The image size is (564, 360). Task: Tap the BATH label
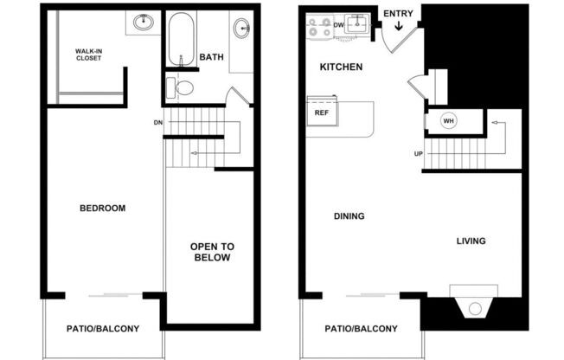211,58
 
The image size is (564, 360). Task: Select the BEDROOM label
103,209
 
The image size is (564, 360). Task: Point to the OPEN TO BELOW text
211,252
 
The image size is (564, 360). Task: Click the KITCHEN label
341,67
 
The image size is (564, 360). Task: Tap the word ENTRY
398,13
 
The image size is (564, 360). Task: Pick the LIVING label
471,241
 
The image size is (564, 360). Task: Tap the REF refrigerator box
322,113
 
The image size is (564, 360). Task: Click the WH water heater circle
448,121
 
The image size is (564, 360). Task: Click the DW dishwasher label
339,25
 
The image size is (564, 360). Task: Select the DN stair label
157,122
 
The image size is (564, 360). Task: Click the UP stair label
418,154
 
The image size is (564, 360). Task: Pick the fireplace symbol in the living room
473,308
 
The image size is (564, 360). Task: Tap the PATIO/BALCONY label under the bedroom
103,329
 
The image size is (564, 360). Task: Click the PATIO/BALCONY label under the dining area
362,329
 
